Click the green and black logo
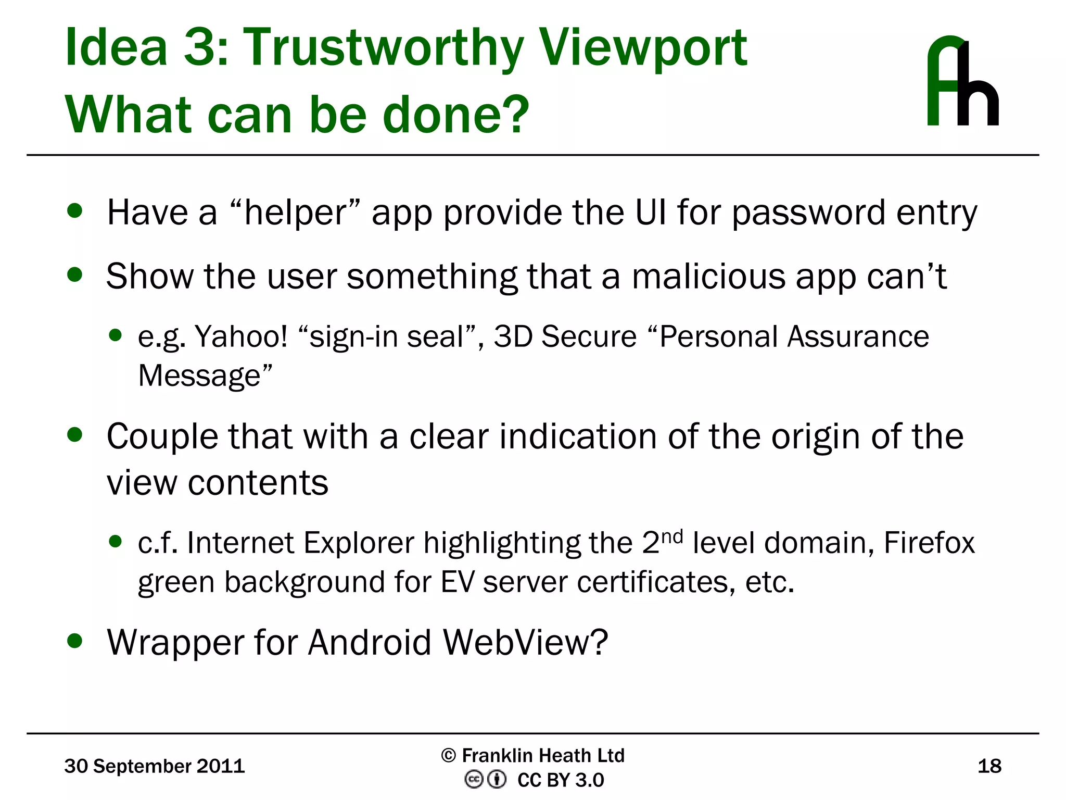(962, 81)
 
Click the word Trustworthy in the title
(384, 48)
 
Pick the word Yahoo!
(241, 336)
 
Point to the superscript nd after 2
(671, 536)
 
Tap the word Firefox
(929, 543)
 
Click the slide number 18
(989, 766)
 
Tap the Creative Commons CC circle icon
(474, 780)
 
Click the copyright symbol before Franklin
(448, 755)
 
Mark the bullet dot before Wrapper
(75, 641)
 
